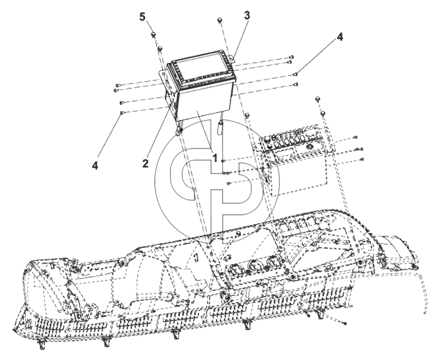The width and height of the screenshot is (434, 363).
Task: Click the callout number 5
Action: coord(142,17)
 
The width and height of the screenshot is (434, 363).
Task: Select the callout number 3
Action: coord(247,15)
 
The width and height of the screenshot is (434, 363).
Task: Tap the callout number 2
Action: coord(145,164)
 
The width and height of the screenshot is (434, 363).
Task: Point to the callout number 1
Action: coord(214,158)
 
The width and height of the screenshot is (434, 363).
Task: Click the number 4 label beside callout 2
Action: coord(95,165)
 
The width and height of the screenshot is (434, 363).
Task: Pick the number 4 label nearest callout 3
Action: coord(340,37)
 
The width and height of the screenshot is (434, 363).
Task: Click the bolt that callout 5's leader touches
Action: coord(153,34)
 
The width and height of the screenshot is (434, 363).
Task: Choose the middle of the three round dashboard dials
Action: coord(254,265)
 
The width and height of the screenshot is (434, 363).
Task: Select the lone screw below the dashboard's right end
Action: coord(344,323)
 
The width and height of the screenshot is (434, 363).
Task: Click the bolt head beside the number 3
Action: coord(220,20)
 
